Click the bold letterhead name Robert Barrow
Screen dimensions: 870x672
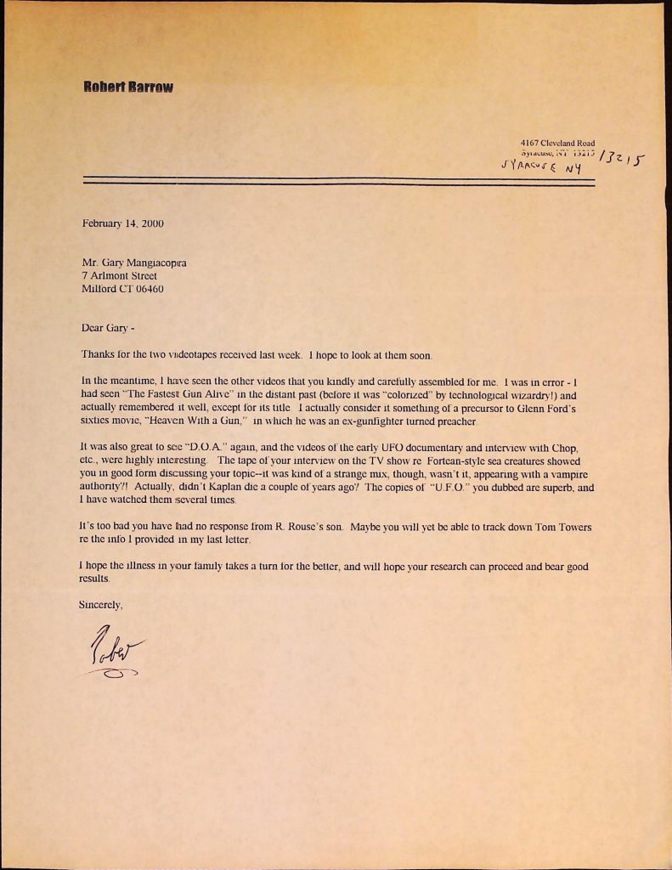click(x=128, y=88)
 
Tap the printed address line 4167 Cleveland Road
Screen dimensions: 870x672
click(x=557, y=143)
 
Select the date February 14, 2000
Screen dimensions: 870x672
click(x=122, y=224)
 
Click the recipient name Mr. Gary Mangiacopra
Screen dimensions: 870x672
click(x=134, y=263)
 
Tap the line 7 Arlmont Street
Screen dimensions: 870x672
click(x=119, y=276)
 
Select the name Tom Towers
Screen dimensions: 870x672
click(x=564, y=528)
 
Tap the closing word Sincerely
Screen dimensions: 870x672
click(x=101, y=606)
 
